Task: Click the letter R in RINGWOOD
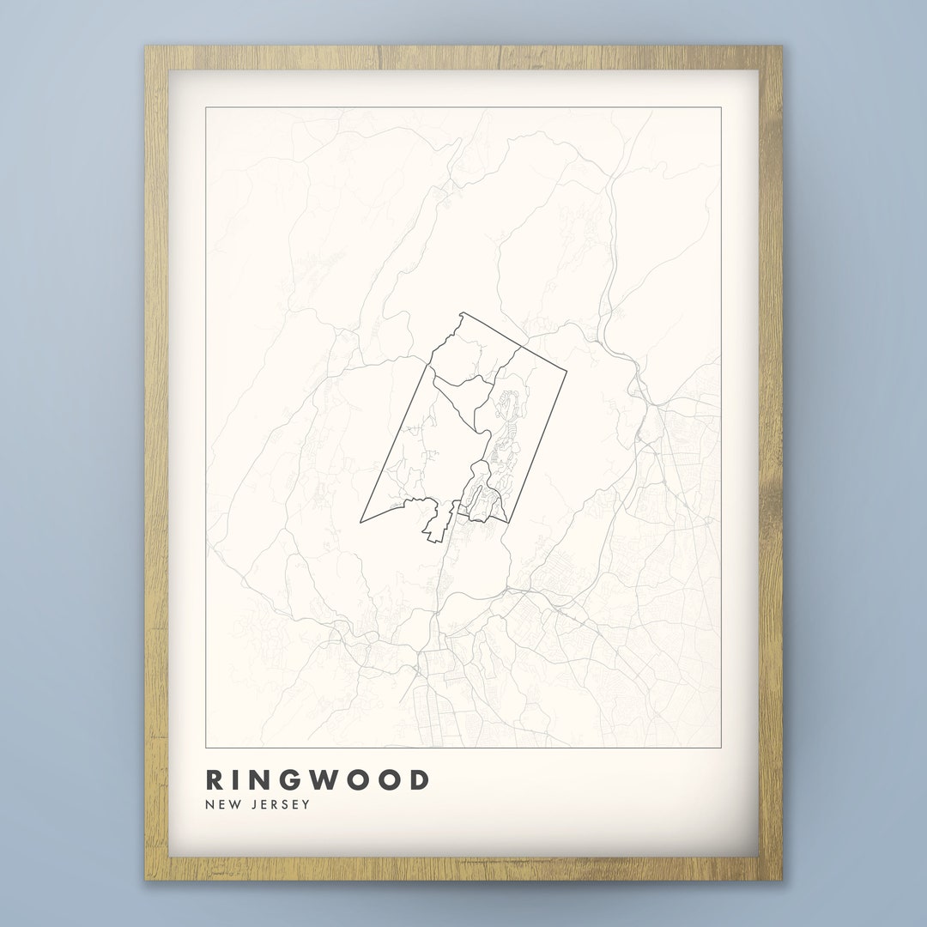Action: click(x=215, y=779)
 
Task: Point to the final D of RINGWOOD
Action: click(x=418, y=779)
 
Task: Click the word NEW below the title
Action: click(x=221, y=804)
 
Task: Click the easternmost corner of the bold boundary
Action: click(x=566, y=372)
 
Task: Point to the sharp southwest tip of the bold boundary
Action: click(x=360, y=522)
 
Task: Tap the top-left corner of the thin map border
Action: click(x=206, y=107)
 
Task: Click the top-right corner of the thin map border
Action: click(x=721, y=107)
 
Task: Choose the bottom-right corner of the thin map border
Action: click(x=721, y=748)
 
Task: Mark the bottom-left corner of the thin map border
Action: click(x=206, y=748)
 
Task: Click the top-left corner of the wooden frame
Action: click(x=145, y=46)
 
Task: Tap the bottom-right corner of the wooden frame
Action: click(x=782, y=881)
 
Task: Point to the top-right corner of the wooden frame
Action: click(x=782, y=46)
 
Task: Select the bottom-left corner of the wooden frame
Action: click(x=145, y=881)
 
